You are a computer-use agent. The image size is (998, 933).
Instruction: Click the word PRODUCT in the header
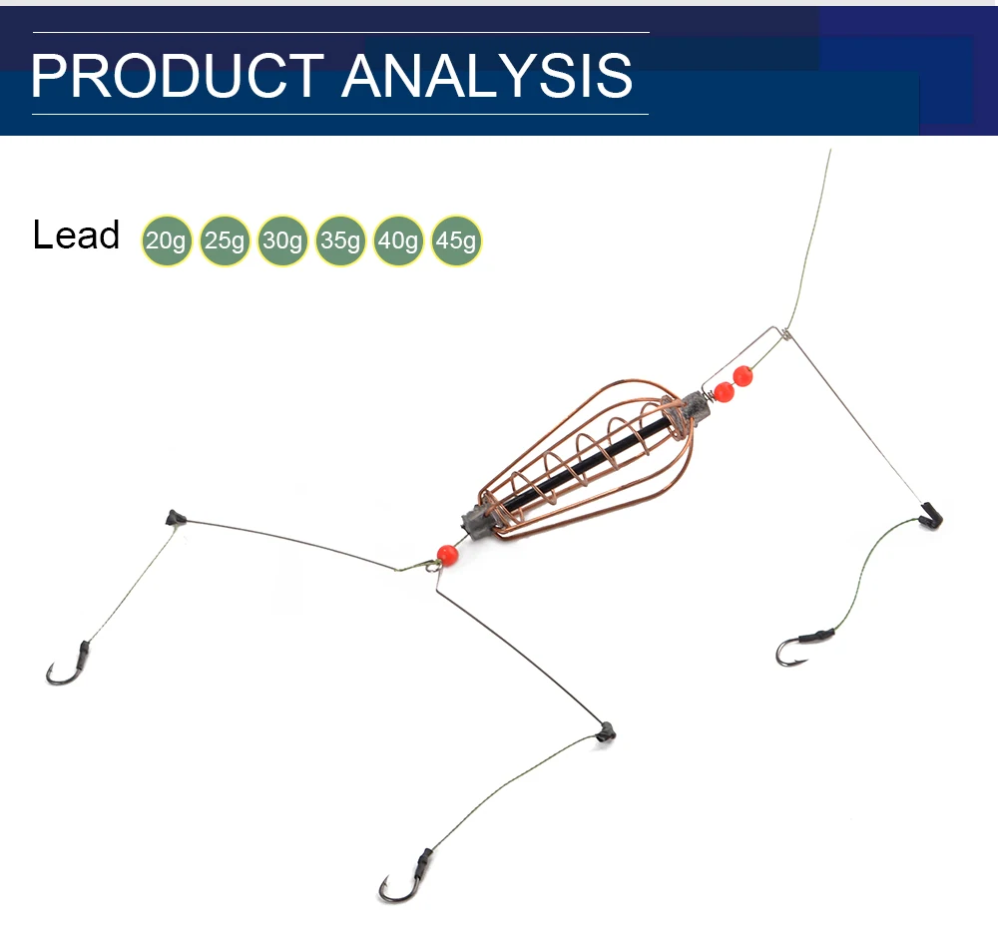coord(178,76)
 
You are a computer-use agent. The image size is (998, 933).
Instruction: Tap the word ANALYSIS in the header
coord(487,76)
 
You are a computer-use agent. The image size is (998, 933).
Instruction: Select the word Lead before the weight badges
coord(76,235)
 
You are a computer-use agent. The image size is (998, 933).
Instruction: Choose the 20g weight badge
coord(166,241)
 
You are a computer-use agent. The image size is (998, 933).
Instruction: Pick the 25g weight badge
coord(224,241)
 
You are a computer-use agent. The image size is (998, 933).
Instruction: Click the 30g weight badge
coord(281,241)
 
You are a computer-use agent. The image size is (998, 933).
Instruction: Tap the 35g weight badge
coord(340,241)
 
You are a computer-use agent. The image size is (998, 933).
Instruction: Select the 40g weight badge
coord(398,241)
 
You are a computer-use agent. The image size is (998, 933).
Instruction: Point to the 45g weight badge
coord(456,241)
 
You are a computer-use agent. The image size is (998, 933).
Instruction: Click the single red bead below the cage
coord(447,554)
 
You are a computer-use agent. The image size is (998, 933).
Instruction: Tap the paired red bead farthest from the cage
coord(743,376)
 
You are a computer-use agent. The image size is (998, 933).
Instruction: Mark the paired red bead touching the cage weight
coord(725,392)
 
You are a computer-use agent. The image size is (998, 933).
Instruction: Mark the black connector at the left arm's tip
coord(177,517)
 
